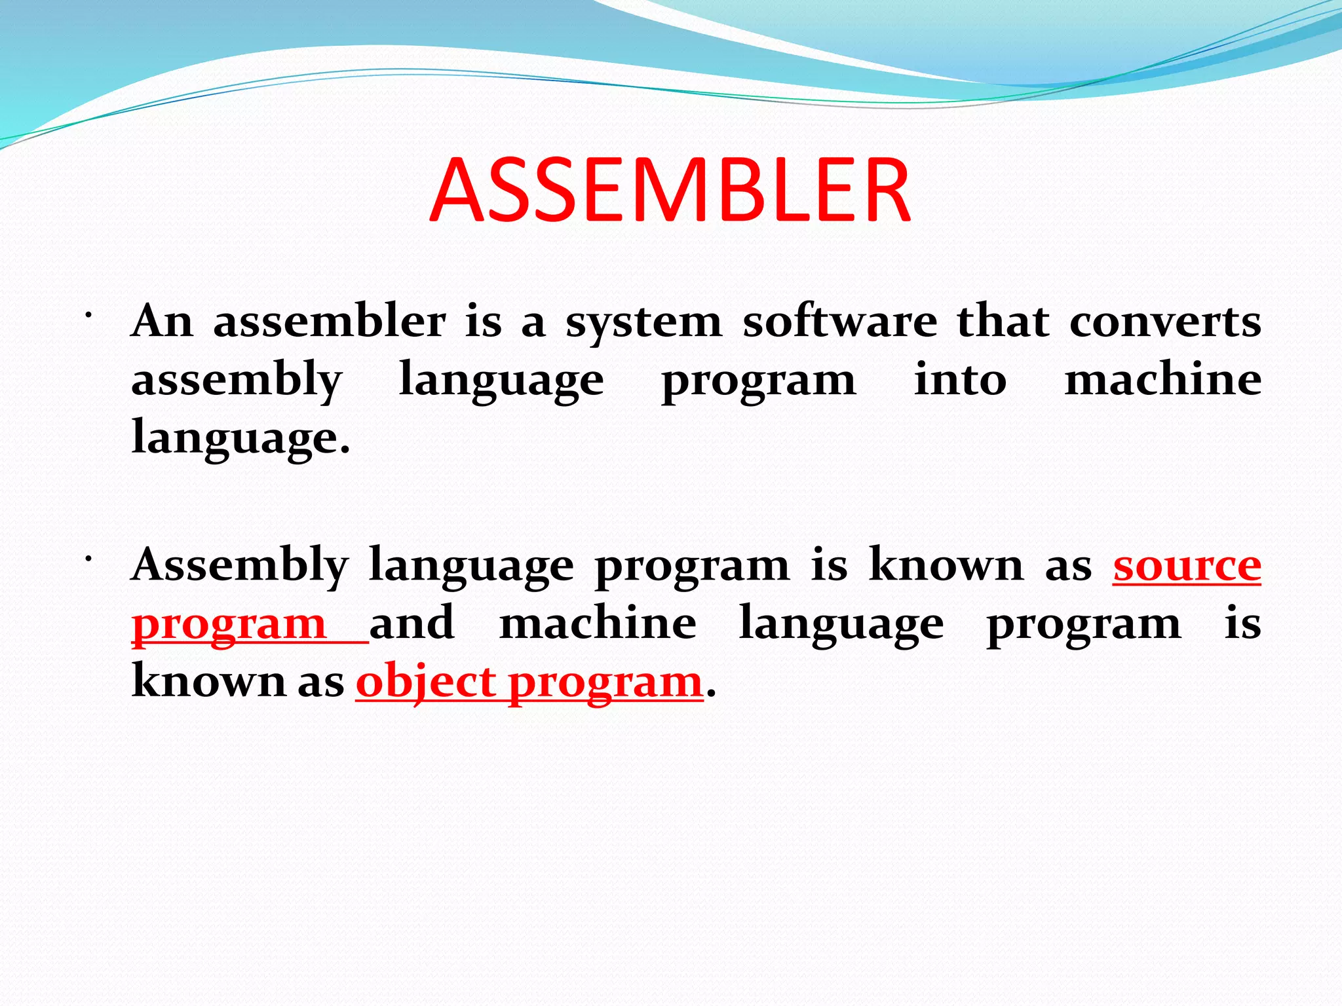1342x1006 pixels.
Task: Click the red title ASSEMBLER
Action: pyautogui.click(x=670, y=191)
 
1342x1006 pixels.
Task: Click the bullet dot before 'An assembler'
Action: pyautogui.click(x=86, y=316)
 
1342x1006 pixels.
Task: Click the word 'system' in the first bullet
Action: pyautogui.click(x=643, y=323)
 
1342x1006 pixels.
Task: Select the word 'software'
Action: pyautogui.click(x=839, y=322)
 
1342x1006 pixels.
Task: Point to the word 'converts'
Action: pyautogui.click(x=1165, y=322)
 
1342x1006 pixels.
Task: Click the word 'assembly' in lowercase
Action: pyautogui.click(x=237, y=381)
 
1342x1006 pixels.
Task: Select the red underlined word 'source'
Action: pyautogui.click(x=1187, y=565)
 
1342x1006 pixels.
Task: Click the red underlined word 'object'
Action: pyautogui.click(x=425, y=683)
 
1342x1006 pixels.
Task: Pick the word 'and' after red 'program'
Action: pyautogui.click(x=412, y=623)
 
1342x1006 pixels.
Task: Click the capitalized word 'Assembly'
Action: pyautogui.click(x=240, y=565)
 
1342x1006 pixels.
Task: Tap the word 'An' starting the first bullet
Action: pyautogui.click(x=162, y=322)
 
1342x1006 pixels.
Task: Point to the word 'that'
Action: pyautogui.click(x=1003, y=322)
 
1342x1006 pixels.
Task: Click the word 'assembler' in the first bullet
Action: pyautogui.click(x=330, y=322)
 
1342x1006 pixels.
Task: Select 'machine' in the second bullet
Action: pyautogui.click(x=598, y=623)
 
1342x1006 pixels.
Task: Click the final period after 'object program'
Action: pyautogui.click(x=712, y=694)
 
